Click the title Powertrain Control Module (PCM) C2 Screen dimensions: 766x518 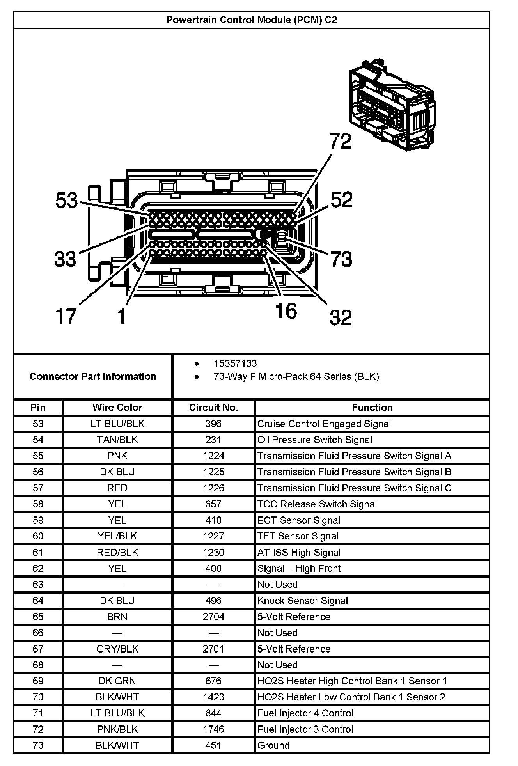click(x=252, y=20)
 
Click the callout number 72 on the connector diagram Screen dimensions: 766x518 click(x=340, y=141)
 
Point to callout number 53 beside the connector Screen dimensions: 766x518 click(x=67, y=200)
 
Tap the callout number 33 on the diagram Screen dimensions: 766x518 click(x=66, y=259)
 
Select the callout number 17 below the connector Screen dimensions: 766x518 click(x=66, y=316)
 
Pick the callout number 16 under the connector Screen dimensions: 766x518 click(x=286, y=311)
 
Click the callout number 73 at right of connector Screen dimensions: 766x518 click(x=341, y=259)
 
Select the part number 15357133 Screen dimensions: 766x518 click(x=235, y=363)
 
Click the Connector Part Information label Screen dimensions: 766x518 click(x=93, y=376)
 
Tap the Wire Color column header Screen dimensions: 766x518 click(x=117, y=408)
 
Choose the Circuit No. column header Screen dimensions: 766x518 click(x=213, y=408)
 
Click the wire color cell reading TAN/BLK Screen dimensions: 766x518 click(x=117, y=440)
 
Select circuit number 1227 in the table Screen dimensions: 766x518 click(x=213, y=536)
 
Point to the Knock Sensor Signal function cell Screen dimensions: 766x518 click(x=303, y=601)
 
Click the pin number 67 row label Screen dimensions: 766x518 click(x=38, y=649)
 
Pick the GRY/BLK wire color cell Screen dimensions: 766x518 click(x=117, y=649)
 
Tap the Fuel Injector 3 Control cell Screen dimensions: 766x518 click(x=305, y=729)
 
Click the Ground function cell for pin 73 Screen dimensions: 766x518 click(x=273, y=745)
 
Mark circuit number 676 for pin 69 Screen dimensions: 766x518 click(x=213, y=681)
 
